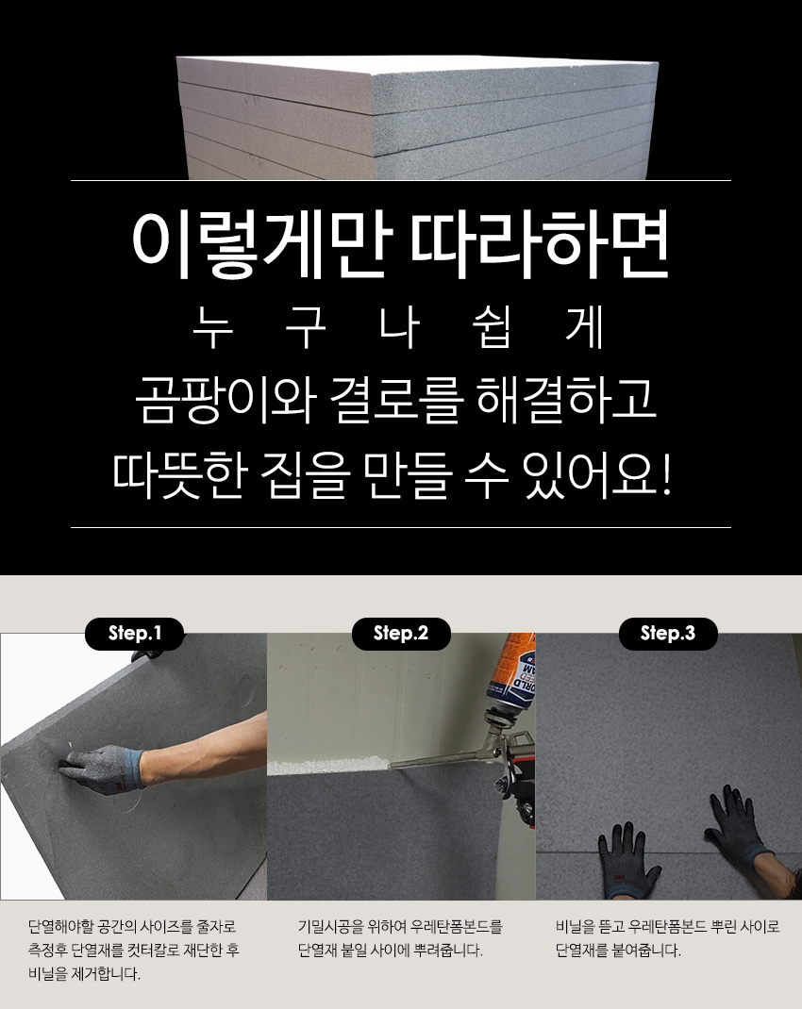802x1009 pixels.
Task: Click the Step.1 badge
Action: (x=135, y=633)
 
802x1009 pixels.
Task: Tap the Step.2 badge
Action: (x=401, y=633)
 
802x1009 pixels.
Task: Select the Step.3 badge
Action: (x=668, y=633)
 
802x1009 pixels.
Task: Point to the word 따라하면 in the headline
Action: (x=540, y=244)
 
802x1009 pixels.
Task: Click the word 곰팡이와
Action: (x=225, y=399)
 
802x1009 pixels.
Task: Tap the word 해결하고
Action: (x=566, y=399)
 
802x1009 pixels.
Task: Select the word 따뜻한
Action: (x=180, y=475)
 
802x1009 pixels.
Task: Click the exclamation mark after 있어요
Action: (x=666, y=475)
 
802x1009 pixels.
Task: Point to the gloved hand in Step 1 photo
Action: (x=103, y=768)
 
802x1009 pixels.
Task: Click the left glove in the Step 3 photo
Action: (x=627, y=859)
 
